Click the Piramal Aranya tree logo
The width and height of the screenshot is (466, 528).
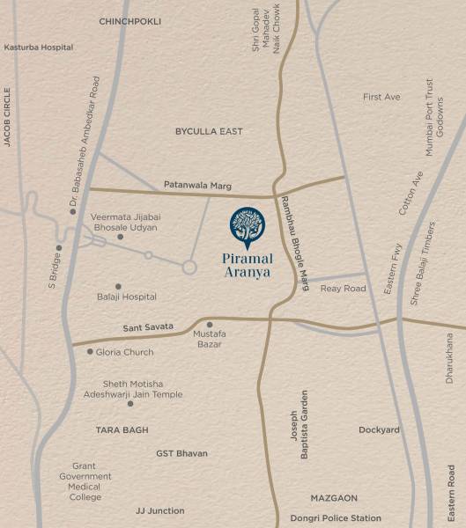click(247, 228)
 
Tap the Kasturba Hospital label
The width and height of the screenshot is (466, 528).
click(39, 47)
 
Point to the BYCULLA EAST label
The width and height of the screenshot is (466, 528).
click(208, 131)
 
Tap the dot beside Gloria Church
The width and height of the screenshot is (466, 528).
click(89, 351)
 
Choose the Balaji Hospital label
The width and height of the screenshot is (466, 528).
click(127, 297)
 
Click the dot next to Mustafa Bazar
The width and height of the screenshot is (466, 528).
click(210, 325)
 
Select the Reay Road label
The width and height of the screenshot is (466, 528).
click(343, 289)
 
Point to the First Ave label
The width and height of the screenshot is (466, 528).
click(381, 97)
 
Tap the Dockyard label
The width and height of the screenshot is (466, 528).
click(379, 430)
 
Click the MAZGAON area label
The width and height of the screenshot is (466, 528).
click(334, 498)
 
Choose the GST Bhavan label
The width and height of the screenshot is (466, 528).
click(181, 453)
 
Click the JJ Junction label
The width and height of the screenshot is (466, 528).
click(160, 510)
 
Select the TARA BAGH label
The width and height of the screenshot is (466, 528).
click(122, 430)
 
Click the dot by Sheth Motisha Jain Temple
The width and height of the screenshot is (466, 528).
click(130, 404)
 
